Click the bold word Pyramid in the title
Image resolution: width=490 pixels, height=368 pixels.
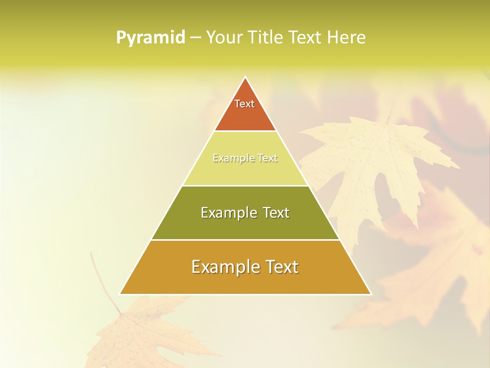point(151,38)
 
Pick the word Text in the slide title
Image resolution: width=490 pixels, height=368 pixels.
point(305,38)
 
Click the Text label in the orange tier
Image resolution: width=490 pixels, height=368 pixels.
point(244,104)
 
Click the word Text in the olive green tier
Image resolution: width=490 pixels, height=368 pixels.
point(276,213)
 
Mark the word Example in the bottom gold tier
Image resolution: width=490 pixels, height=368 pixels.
point(220,267)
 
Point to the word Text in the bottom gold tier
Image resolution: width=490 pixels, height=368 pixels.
point(281,267)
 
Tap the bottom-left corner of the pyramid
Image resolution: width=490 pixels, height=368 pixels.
point(120,294)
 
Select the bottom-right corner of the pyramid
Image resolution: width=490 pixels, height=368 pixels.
point(371,294)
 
